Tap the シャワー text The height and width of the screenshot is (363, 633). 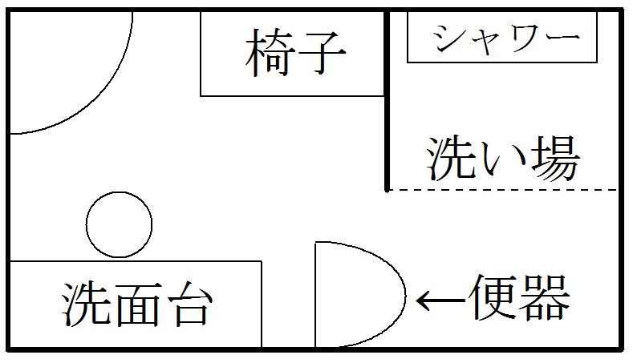coord(504,38)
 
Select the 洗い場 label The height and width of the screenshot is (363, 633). coord(502,159)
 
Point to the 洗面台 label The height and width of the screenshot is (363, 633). coord(136,304)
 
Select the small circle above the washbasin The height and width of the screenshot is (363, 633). coord(119,224)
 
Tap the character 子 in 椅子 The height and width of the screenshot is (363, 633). coord(322,54)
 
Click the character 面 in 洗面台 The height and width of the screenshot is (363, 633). coord(136,304)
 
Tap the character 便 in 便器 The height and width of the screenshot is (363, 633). coord(497,298)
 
